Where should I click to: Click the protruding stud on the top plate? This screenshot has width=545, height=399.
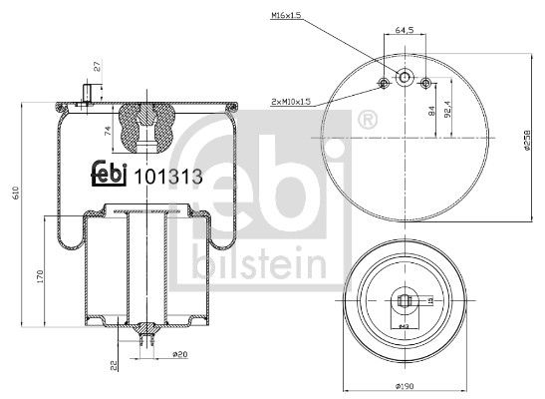click(x=86, y=95)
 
